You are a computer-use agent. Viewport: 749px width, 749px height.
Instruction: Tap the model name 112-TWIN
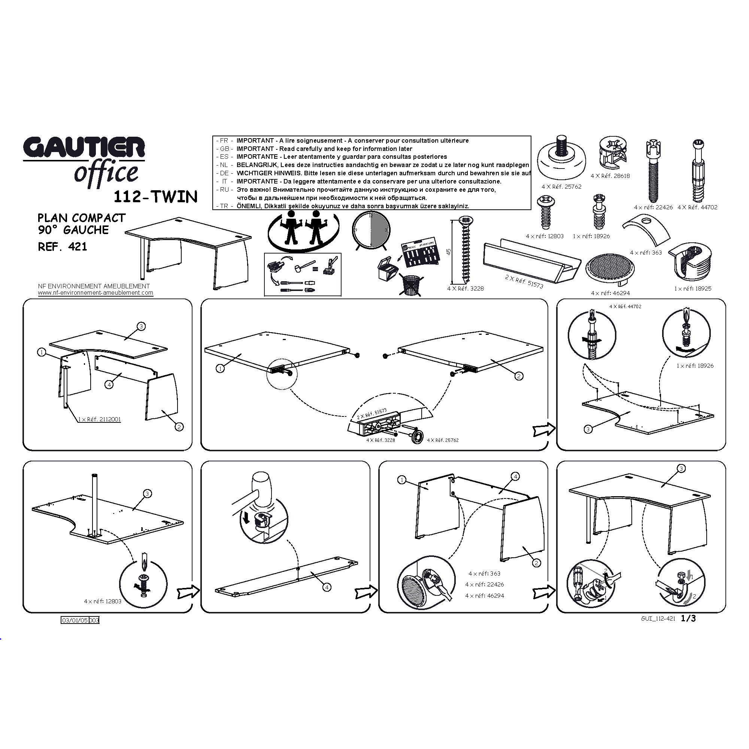click(x=155, y=197)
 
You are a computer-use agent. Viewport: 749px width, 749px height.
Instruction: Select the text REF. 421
click(x=63, y=246)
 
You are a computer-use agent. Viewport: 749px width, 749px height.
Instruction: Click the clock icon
click(x=372, y=230)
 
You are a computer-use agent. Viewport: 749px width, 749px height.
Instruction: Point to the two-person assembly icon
click(x=304, y=231)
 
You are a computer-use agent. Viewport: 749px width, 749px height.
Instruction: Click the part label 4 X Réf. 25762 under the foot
click(x=561, y=187)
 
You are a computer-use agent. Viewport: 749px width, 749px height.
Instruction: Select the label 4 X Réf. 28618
click(x=610, y=176)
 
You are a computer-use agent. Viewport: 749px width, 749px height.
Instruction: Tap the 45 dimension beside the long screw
click(x=449, y=251)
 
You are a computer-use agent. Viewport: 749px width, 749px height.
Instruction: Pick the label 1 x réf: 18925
click(x=693, y=288)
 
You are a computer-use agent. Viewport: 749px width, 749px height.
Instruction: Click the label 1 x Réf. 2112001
click(x=99, y=419)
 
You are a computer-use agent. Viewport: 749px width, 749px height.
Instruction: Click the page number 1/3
click(x=689, y=618)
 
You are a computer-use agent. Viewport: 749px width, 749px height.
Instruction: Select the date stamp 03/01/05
click(x=75, y=620)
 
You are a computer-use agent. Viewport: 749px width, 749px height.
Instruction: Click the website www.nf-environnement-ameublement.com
click(x=95, y=293)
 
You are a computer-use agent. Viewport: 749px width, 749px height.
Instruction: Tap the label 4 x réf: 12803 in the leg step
click(x=103, y=601)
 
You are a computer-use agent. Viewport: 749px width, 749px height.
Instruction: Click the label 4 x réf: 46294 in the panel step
click(x=485, y=595)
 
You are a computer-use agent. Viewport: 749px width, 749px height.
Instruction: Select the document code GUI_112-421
click(x=658, y=619)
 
